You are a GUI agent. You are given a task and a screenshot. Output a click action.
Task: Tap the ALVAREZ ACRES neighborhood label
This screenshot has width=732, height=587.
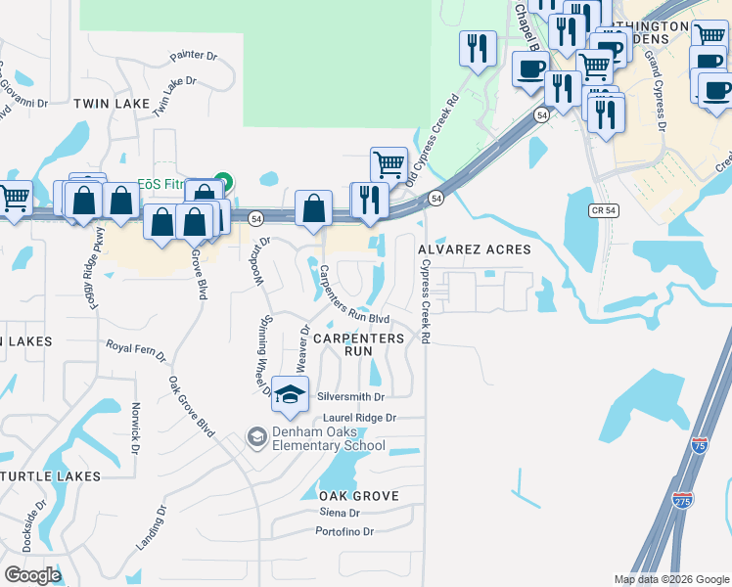(475, 249)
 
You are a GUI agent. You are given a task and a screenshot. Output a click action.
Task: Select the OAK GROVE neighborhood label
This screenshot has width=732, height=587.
(359, 496)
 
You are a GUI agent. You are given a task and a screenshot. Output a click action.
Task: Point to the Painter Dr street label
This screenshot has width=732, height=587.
(192, 57)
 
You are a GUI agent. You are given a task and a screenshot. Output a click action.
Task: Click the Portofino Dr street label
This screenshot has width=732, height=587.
(344, 531)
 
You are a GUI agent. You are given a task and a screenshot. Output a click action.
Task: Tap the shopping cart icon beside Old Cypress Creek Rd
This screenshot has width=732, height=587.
(389, 163)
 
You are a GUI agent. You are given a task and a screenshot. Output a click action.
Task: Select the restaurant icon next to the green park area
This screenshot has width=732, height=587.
(477, 48)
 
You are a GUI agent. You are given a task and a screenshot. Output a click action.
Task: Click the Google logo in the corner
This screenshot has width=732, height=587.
(33, 574)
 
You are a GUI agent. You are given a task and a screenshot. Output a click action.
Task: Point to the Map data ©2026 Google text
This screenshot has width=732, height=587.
(670, 579)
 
